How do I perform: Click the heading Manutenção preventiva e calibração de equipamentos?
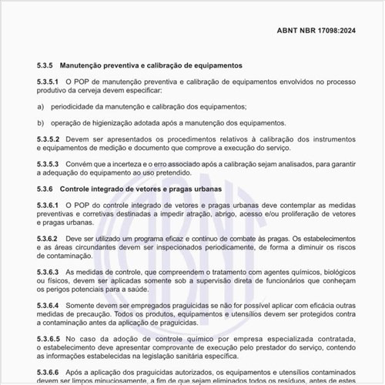151,66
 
